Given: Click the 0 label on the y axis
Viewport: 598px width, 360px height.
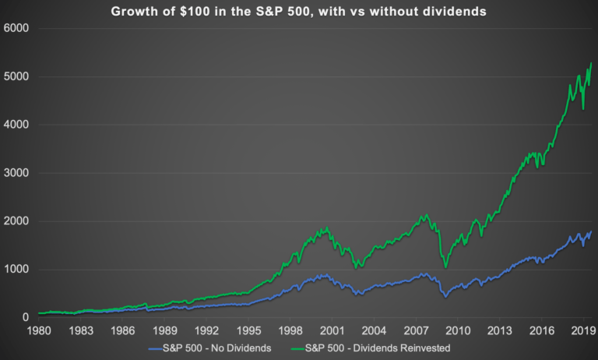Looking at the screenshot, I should coord(24,318).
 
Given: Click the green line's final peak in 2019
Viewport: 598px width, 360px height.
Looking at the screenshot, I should coord(591,63).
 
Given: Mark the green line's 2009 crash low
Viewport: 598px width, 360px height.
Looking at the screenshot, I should coord(445,267).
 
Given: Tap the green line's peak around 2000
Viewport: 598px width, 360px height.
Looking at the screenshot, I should coord(328,227).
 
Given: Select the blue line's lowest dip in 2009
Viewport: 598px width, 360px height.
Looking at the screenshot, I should coord(445,297).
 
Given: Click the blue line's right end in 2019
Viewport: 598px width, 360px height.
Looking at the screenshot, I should coord(591,231).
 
